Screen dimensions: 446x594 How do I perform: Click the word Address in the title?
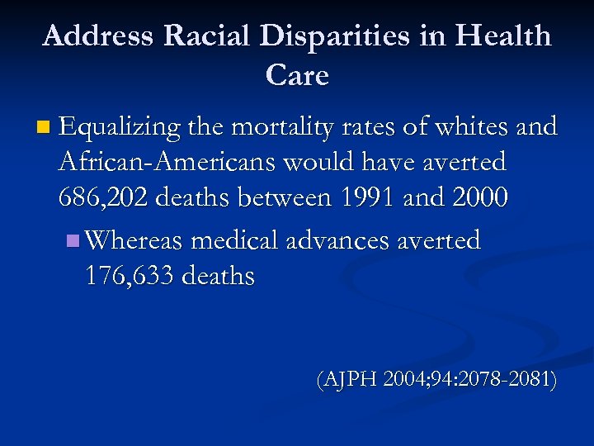(x=98, y=36)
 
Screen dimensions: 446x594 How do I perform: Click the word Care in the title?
(x=297, y=76)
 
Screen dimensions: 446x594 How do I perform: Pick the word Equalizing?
(x=120, y=128)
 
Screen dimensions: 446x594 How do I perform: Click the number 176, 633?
(x=129, y=276)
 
